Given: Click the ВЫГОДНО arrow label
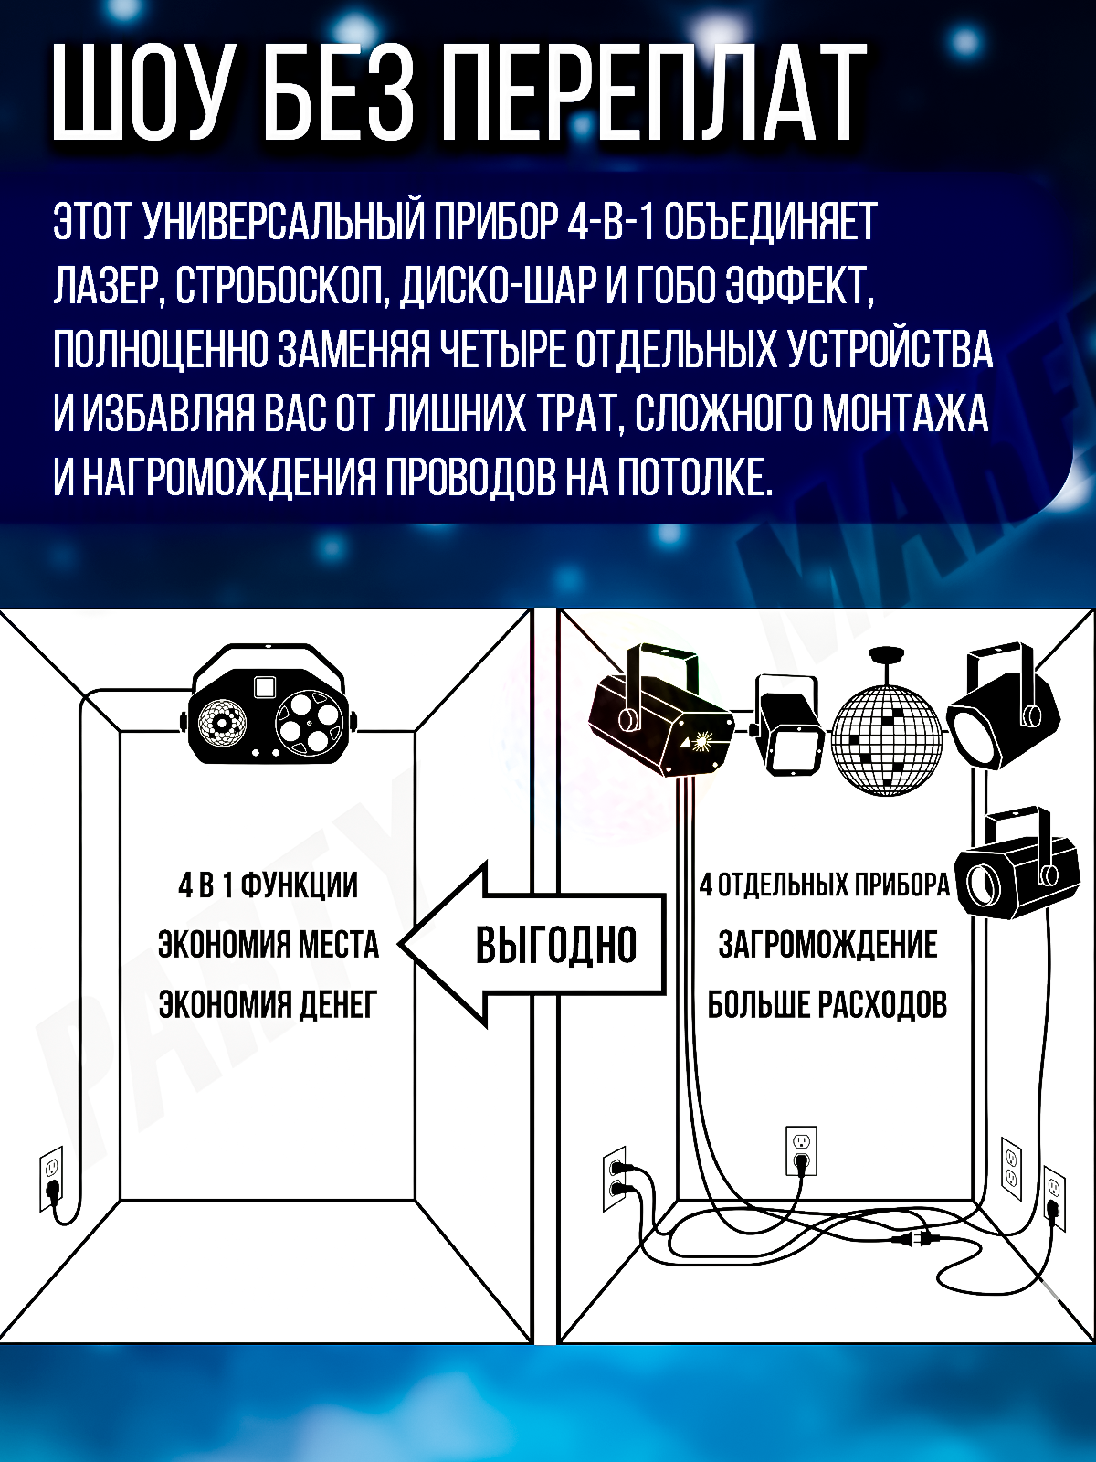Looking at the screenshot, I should point(555,945).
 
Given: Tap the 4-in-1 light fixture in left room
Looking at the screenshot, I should point(269,708).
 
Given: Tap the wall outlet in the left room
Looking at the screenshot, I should point(51,1177).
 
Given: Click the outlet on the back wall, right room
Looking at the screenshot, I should point(801,1149).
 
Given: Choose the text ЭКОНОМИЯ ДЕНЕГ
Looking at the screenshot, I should point(268,1004).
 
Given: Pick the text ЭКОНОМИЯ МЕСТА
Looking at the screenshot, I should point(268,944).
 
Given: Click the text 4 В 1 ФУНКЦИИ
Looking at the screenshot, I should point(268,885).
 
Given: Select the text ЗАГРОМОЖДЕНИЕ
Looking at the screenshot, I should point(827,944).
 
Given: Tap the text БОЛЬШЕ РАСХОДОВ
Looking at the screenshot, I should point(827,1004).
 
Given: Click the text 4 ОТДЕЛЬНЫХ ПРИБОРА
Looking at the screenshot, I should point(824,885).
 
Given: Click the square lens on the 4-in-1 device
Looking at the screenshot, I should point(265,685).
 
